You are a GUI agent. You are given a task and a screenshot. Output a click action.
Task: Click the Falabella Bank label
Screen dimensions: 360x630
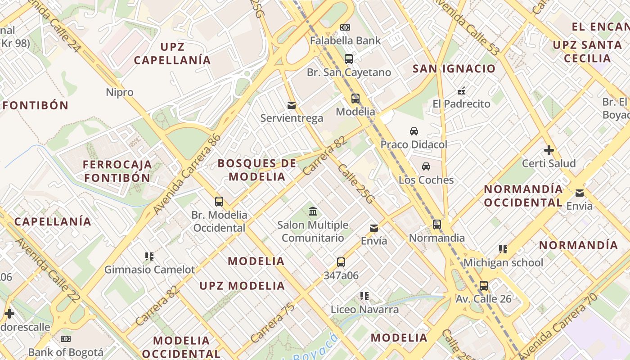tap(345, 40)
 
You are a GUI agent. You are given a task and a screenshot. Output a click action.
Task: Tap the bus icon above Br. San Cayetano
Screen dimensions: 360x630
tap(349, 58)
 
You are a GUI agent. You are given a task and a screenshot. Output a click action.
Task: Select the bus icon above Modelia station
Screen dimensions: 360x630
tap(355, 98)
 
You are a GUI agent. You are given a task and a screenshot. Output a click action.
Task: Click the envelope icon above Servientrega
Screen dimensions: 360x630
tap(292, 105)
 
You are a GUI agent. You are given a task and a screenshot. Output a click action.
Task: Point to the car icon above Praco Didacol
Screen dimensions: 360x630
tap(414, 131)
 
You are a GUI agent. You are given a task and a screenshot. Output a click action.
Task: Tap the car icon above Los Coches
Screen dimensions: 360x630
tap(426, 166)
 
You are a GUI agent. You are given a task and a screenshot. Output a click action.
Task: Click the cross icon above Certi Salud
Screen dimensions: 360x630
tap(549, 150)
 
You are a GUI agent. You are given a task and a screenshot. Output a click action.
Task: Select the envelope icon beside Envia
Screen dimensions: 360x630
tap(580, 193)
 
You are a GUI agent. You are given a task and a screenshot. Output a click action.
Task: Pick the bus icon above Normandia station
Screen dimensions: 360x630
tap(436, 224)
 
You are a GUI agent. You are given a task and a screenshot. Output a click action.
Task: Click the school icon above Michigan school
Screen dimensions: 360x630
tap(503, 249)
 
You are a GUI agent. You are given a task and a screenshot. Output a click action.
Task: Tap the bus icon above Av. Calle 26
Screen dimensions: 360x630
tap(484, 285)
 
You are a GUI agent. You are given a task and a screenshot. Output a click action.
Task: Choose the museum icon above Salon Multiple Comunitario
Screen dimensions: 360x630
tap(313, 211)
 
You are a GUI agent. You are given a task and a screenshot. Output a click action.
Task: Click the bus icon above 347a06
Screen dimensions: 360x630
tap(341, 262)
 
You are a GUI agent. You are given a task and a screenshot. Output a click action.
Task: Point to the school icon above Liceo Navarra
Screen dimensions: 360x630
tap(364, 296)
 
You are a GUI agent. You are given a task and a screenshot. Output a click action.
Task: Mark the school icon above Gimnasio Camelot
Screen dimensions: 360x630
tap(149, 256)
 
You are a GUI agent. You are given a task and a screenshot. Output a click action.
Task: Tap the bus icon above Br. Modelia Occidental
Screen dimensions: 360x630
tap(219, 201)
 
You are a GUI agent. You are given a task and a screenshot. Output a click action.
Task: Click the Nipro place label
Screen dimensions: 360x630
tap(120, 92)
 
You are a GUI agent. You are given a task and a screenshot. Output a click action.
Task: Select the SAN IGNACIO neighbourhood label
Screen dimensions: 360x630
tap(454, 69)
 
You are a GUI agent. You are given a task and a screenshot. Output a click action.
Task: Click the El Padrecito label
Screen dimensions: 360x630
tap(461, 104)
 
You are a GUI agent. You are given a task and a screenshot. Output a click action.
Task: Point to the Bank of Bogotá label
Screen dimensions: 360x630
tap(66, 352)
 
